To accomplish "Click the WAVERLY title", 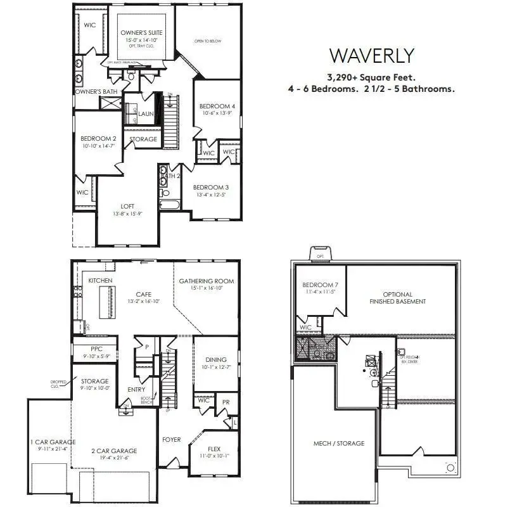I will [x=372, y=56].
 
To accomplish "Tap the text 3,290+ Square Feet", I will [x=372, y=77].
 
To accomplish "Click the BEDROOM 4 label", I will [x=217, y=106].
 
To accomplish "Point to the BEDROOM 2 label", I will [x=98, y=138].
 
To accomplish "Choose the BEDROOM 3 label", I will [x=210, y=187].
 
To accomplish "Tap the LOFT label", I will [x=127, y=206].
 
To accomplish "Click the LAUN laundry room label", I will [x=146, y=114].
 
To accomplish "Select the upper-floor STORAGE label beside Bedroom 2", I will [x=143, y=139].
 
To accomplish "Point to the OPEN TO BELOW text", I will [x=207, y=41].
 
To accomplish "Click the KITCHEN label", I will [x=100, y=280].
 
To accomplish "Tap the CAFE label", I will [x=143, y=294].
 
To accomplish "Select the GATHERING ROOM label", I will [x=206, y=281].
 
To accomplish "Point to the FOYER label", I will [x=171, y=439].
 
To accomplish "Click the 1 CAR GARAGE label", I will [x=53, y=442].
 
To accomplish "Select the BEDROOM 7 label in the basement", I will [x=320, y=285].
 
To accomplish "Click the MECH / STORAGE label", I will [x=339, y=443].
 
